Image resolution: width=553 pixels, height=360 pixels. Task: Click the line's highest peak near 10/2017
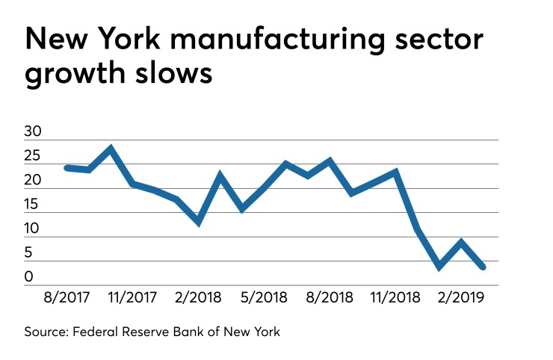coord(111,149)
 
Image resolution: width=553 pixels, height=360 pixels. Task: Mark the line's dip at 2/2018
coord(198,222)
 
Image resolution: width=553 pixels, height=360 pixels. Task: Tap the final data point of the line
coord(484,267)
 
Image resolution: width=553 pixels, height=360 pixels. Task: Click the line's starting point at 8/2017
coord(67,167)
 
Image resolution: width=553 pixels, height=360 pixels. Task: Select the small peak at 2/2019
coord(462,242)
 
